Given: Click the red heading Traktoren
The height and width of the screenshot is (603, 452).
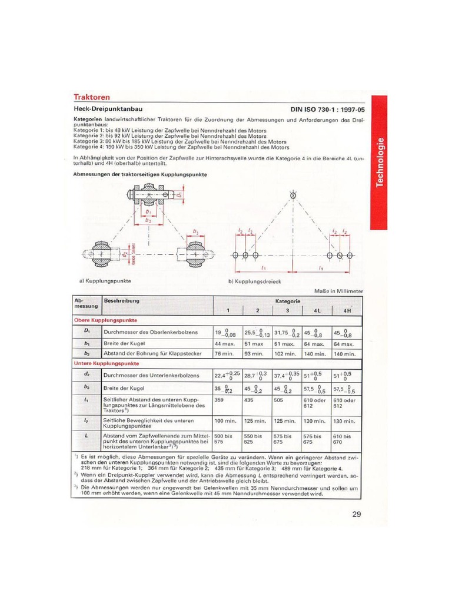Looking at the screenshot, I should [x=91, y=97].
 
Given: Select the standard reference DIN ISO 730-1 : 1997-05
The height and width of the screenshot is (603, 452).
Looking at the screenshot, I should [x=327, y=110].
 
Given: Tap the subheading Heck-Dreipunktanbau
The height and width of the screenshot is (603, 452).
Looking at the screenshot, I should [x=107, y=109].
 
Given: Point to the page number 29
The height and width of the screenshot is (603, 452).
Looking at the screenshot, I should [x=357, y=514].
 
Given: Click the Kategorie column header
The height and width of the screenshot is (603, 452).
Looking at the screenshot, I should [x=288, y=301].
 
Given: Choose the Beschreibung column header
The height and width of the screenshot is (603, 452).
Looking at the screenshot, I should [x=122, y=301].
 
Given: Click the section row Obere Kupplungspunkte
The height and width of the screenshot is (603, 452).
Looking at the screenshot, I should [x=105, y=320].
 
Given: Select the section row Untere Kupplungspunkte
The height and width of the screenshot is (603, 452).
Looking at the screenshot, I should [x=107, y=365].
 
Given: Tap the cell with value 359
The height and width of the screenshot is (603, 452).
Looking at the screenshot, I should [x=220, y=399].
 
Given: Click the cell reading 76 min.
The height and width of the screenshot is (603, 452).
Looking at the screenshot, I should [x=224, y=354].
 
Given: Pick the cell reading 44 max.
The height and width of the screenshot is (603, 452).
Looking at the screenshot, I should [x=225, y=344].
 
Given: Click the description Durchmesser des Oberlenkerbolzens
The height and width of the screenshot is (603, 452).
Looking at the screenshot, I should [x=147, y=333].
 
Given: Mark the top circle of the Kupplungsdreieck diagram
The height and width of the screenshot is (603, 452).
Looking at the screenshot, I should [x=293, y=195].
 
